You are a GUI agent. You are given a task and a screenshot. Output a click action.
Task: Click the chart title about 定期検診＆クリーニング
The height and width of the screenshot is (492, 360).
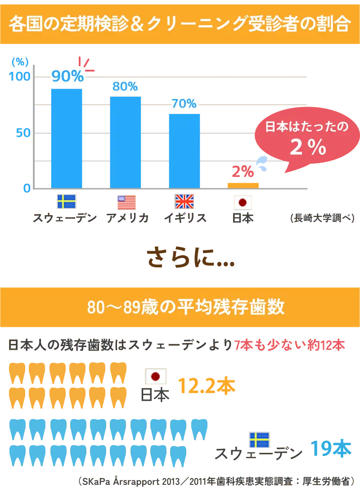pyautogui.click(x=180, y=24)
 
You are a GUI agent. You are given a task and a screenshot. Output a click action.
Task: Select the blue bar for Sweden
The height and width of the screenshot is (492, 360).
pyautogui.click(x=67, y=137)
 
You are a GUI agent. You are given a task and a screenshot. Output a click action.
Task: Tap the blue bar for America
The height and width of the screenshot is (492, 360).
pyautogui.click(x=126, y=141)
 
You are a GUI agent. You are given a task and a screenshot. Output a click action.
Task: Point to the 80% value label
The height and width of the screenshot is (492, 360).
pyautogui.click(x=125, y=86)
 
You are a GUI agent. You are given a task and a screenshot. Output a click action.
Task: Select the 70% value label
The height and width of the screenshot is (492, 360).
pyautogui.click(x=184, y=104)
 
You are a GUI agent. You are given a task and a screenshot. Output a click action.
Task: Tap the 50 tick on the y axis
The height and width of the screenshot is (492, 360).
pyautogui.click(x=23, y=133)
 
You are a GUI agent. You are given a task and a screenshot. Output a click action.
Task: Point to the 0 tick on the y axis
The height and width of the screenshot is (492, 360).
pyautogui.click(x=27, y=188)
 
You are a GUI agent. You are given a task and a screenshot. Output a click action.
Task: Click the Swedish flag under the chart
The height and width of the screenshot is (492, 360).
pyautogui.click(x=67, y=201)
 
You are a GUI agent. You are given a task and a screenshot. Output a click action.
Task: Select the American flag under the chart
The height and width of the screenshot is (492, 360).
pyautogui.click(x=126, y=203)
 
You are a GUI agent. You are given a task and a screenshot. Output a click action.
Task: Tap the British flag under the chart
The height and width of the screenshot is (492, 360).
pyautogui.click(x=184, y=202)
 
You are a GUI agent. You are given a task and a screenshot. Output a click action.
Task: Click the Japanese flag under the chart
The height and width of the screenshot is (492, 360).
pyautogui.click(x=243, y=203)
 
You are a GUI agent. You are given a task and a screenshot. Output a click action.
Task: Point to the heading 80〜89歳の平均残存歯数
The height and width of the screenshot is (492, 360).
pyautogui.click(x=185, y=307)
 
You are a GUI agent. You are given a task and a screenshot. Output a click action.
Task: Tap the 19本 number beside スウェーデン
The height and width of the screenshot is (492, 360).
pyautogui.click(x=330, y=448)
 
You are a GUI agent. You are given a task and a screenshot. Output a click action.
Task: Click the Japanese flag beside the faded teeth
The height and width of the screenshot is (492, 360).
pyautogui.click(x=156, y=376)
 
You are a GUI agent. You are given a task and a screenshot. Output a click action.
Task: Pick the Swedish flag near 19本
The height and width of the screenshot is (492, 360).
pyautogui.click(x=259, y=439)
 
